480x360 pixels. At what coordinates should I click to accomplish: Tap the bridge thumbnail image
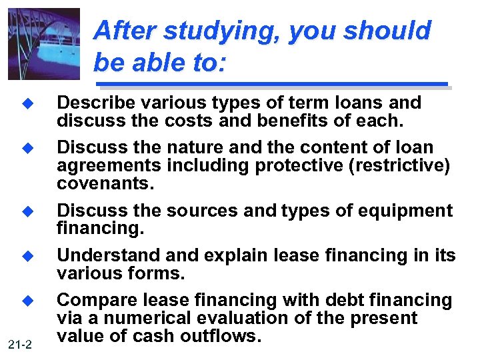(44, 44)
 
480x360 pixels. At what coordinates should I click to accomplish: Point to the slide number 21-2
(21, 344)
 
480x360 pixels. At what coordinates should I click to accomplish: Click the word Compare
(91, 300)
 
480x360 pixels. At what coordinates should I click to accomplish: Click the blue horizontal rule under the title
(272, 84)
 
